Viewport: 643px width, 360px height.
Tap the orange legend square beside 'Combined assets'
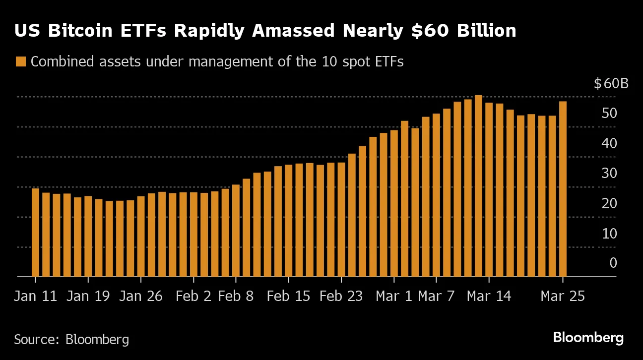tap(20, 62)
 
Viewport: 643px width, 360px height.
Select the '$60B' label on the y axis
tap(611, 83)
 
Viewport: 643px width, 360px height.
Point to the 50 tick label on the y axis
tap(609, 113)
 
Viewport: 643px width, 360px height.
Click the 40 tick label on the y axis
tap(609, 143)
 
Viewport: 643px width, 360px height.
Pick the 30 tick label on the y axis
tap(609, 173)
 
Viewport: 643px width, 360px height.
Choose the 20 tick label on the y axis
tap(609, 203)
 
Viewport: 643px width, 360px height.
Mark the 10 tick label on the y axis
tap(609, 233)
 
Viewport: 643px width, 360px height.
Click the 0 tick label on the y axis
tap(613, 263)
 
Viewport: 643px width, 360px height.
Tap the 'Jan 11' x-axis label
tap(35, 297)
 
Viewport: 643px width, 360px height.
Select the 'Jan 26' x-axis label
tap(141, 297)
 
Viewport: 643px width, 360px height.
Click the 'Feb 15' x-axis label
tap(288, 297)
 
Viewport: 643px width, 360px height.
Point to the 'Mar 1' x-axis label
tap(394, 297)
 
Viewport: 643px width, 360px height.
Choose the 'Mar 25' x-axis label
tap(563, 297)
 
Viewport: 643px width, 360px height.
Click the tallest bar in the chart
tap(478, 186)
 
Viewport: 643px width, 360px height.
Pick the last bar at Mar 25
tap(563, 189)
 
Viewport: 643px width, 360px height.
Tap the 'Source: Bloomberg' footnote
tap(71, 340)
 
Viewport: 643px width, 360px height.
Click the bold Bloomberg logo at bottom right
tap(588, 338)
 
